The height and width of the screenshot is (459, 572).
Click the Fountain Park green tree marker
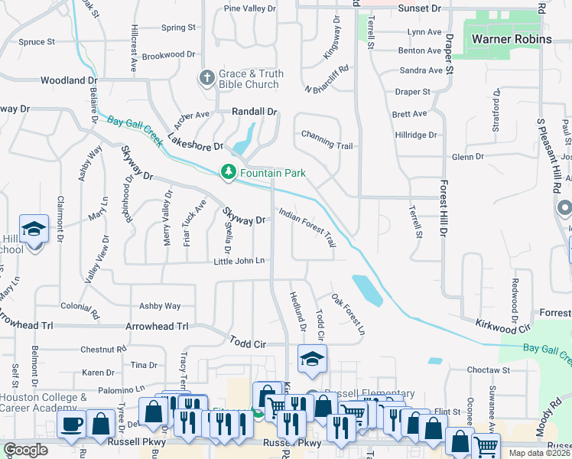[x=228, y=172]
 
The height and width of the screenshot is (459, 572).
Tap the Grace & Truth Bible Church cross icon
[x=206, y=78]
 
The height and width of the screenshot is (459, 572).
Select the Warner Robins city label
[x=512, y=39]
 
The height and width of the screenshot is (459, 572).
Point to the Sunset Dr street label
[x=420, y=8]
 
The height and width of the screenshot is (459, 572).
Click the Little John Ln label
[x=239, y=262]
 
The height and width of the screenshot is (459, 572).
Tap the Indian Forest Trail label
[x=307, y=227]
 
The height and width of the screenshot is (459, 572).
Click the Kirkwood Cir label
[x=502, y=327]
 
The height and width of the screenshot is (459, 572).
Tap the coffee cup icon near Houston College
[x=71, y=424]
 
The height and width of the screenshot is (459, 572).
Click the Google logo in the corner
[x=26, y=450]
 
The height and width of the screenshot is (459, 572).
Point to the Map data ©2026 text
[x=540, y=453]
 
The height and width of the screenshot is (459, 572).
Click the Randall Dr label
[x=254, y=112]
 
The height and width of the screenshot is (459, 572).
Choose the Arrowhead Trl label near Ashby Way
[x=161, y=326]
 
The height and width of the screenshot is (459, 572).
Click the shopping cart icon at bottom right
[x=486, y=446]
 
